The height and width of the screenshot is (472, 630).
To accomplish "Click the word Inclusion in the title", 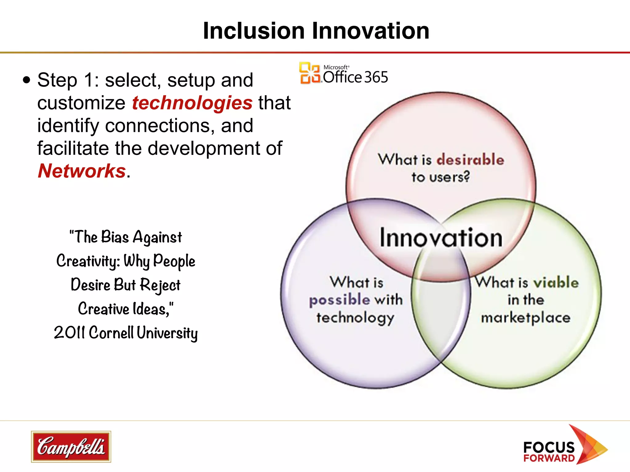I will [x=254, y=31].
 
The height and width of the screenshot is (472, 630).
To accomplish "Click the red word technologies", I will [x=192, y=103].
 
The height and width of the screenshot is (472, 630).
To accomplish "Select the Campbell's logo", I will [x=71, y=446].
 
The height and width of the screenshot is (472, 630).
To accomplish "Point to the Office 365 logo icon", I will [x=309, y=73].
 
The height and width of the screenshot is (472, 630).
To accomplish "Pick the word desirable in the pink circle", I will [x=470, y=159].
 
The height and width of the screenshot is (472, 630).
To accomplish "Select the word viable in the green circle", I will [x=556, y=282].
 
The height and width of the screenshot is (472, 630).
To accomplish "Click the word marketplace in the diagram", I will [x=526, y=317].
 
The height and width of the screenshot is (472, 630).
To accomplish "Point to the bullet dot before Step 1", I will [x=27, y=81].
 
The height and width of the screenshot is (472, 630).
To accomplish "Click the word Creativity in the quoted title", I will [x=88, y=261].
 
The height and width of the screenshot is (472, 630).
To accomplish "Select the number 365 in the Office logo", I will [x=376, y=77].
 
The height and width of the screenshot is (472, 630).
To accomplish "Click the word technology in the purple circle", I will [x=355, y=317].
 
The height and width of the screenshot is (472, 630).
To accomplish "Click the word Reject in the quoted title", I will [x=160, y=285].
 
